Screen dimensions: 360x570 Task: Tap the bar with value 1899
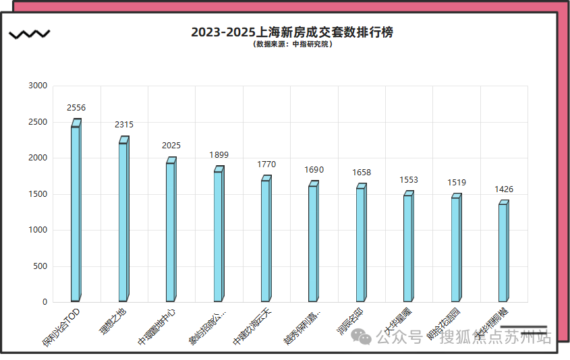pos(218,236)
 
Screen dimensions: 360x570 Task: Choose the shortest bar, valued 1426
pos(503,252)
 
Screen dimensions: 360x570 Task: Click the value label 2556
pos(76,108)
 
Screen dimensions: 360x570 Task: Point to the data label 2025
pos(171,146)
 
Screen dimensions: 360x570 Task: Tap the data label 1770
pos(266,164)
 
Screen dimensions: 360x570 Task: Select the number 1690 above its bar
pos(314,170)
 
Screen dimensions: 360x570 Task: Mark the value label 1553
pos(409,180)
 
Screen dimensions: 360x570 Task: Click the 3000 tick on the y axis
pos(38,86)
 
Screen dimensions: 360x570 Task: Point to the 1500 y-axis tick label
pos(38,194)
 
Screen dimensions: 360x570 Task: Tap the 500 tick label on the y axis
pos(40,266)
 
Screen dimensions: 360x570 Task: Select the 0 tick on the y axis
pos(45,303)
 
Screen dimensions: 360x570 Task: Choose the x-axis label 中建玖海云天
pos(252,327)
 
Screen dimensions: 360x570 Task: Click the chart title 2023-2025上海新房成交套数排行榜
pos(291,32)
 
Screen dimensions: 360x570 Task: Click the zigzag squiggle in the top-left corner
pos(28,34)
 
